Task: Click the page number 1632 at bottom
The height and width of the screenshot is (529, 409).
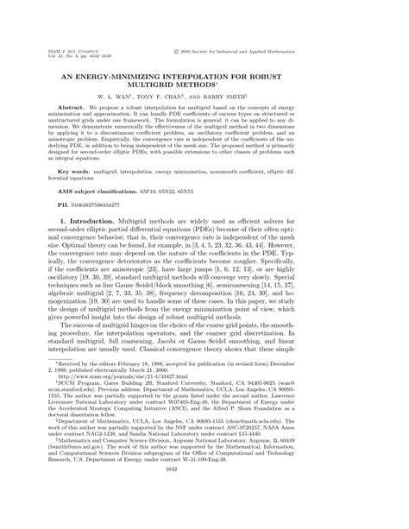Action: pos(204,516)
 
